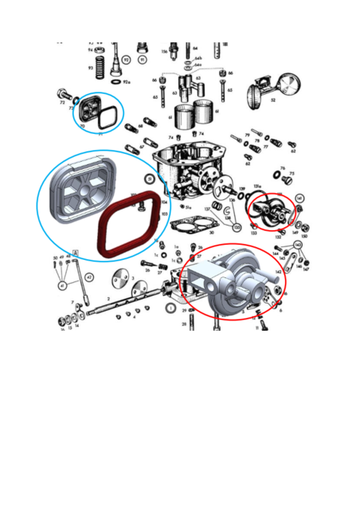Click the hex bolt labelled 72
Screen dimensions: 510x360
[x=63, y=94]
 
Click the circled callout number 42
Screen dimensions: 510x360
[x=90, y=277]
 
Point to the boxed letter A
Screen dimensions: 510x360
[x=75, y=253]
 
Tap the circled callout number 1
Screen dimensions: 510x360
[x=170, y=306]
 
